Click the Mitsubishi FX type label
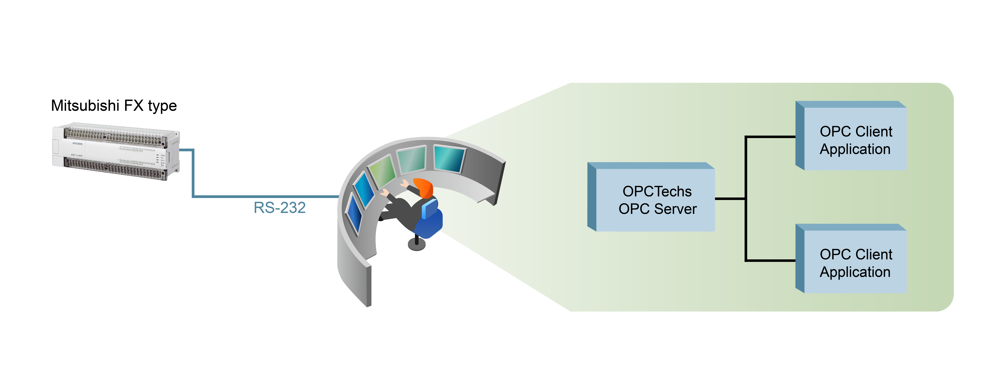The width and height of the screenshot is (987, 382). (x=114, y=106)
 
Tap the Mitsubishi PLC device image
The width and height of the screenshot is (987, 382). (x=116, y=152)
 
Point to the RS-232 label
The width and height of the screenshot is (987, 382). (x=280, y=208)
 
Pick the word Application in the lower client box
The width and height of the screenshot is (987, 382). (x=855, y=272)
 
